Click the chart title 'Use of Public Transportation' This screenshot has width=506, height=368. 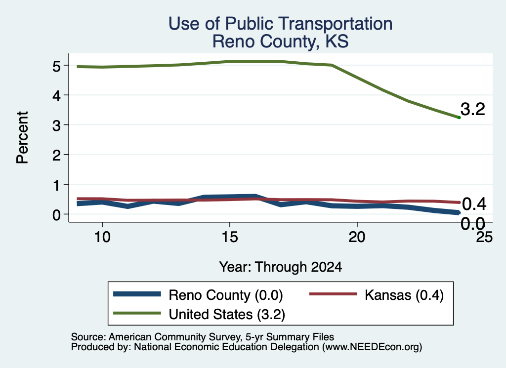coord(281,24)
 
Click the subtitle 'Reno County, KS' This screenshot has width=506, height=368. coord(281,41)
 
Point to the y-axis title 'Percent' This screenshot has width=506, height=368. coord(22,137)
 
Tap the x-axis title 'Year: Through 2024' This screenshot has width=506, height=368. coord(281,267)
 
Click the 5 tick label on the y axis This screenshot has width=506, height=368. coord(56,66)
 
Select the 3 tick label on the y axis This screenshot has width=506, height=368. coord(56,125)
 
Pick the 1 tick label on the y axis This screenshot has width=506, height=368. coord(57,185)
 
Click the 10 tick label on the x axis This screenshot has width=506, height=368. coord(102,237)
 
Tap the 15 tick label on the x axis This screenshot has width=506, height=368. coord(230,237)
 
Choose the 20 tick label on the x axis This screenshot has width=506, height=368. coord(357,237)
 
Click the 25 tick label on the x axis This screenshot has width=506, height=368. coord(484,237)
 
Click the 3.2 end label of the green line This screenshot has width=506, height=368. coord(473,109)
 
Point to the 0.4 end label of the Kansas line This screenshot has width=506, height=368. coord(474,204)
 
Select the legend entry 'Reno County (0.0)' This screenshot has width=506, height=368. coord(225,295)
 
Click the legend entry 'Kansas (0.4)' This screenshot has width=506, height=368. coord(404,295)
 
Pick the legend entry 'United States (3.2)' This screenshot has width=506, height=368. coord(227,314)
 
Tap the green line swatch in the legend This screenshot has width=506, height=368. coord(137,313)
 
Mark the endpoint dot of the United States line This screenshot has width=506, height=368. coord(459,118)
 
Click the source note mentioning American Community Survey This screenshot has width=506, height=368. coord(203,337)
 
